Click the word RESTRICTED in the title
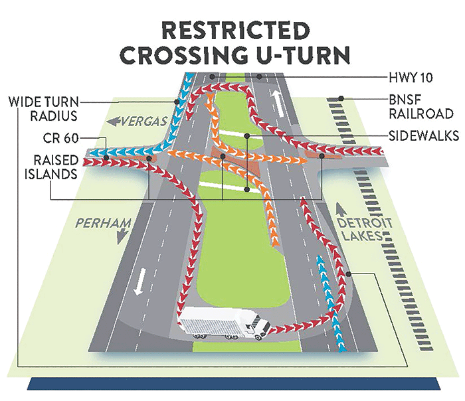(x=236, y=31)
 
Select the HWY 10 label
(x=411, y=78)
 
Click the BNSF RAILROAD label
(x=421, y=108)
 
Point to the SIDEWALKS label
(x=424, y=135)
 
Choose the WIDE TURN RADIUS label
(x=44, y=108)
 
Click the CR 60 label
(x=60, y=138)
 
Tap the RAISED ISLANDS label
(x=51, y=167)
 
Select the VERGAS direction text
(x=143, y=121)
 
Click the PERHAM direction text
(x=103, y=223)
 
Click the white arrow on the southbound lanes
(x=139, y=281)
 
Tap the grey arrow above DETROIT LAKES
(x=341, y=210)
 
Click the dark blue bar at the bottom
(x=234, y=384)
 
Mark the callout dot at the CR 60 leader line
(x=106, y=157)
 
